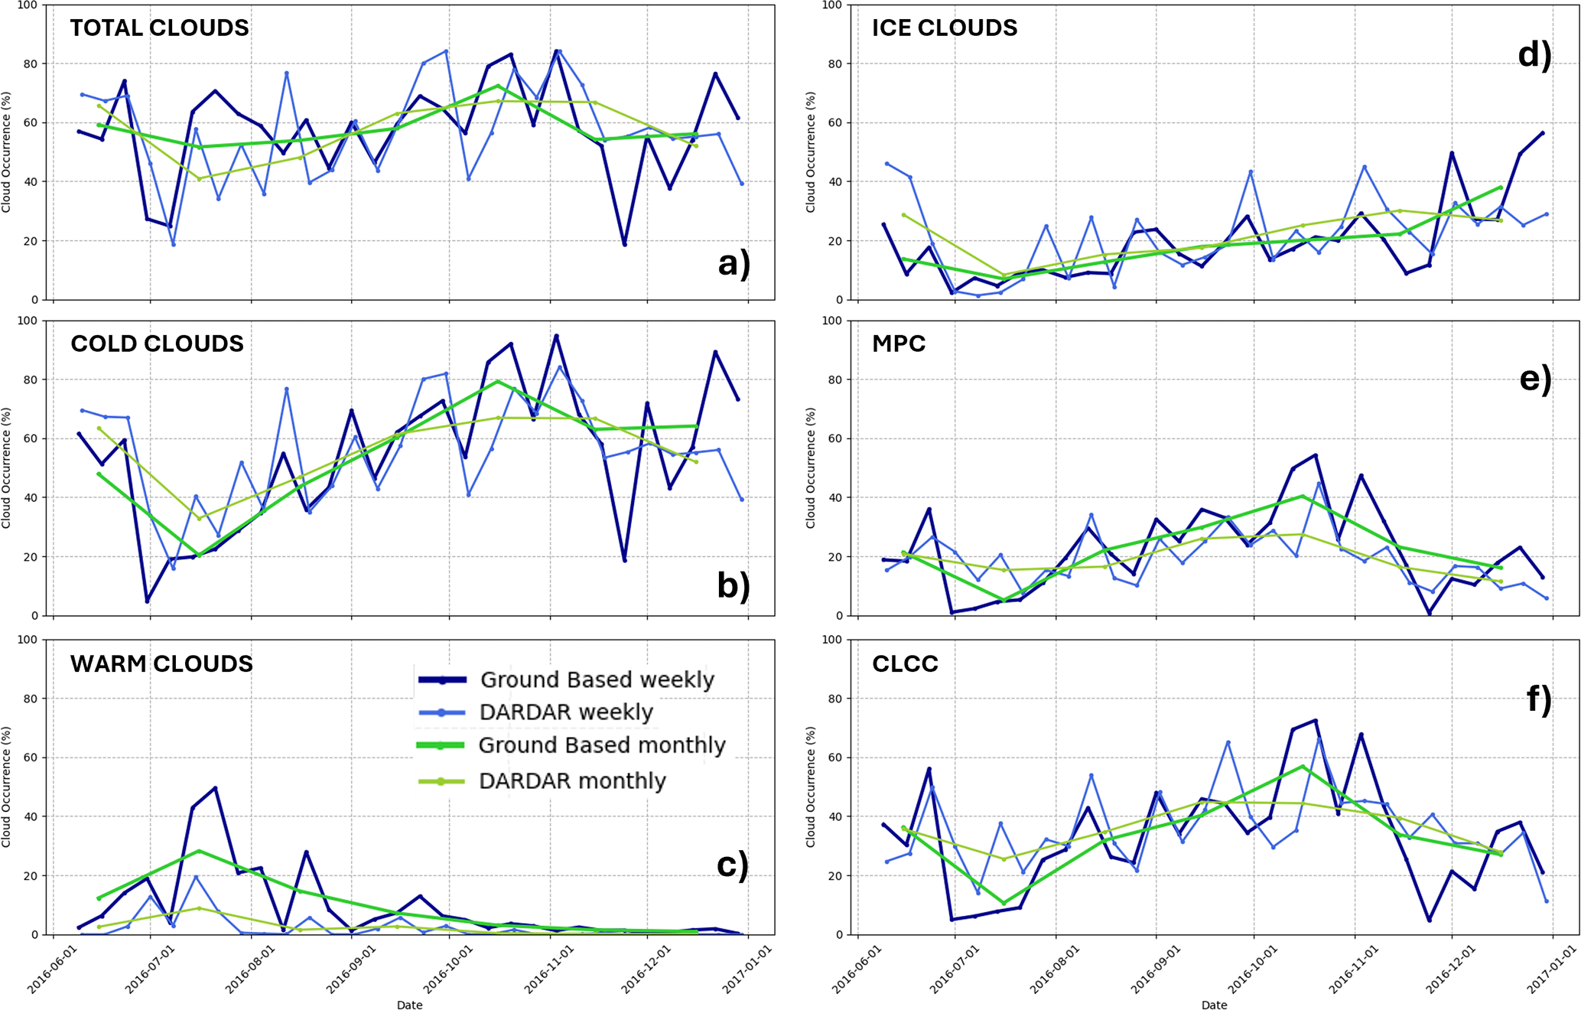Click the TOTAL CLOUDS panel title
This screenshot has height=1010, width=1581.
[159, 28]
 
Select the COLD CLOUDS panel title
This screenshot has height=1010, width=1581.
[157, 344]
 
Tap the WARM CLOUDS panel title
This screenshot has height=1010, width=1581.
[161, 663]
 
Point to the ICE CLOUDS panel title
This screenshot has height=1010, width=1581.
[945, 28]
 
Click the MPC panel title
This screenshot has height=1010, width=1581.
[899, 344]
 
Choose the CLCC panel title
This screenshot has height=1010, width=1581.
[905, 663]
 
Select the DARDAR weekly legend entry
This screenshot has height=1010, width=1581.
[566, 712]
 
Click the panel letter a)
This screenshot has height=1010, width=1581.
[734, 263]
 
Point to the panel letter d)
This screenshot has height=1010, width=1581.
[1534, 55]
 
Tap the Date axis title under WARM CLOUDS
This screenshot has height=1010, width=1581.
[409, 1005]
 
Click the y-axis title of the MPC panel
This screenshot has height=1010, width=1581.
[811, 468]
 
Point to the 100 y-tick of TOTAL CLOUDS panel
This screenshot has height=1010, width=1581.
[27, 5]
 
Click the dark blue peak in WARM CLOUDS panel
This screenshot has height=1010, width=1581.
[216, 788]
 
